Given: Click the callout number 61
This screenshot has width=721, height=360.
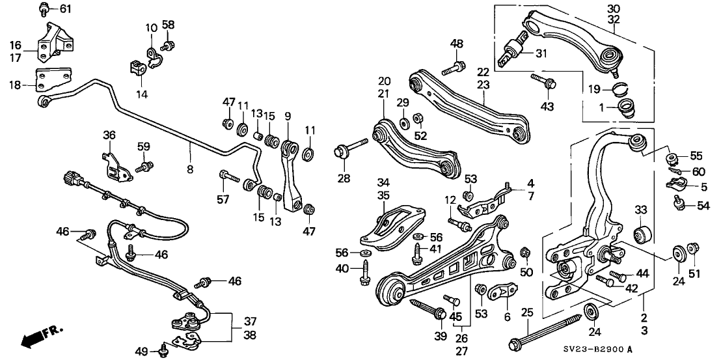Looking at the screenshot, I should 66,8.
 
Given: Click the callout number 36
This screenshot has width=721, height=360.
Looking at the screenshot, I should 109,135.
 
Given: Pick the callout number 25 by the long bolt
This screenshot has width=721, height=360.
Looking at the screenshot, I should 528,313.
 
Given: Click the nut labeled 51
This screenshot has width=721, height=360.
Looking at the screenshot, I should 692,247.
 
